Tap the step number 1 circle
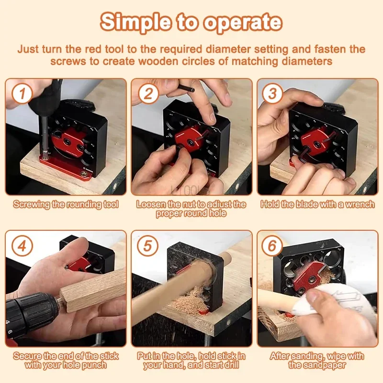click(22, 93)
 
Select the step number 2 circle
click(148, 93)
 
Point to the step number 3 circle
click(272, 93)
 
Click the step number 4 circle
click(22, 246)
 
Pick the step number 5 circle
click(147, 246)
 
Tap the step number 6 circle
click(272, 246)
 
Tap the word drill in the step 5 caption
click(230, 365)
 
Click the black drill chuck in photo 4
click(31, 311)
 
